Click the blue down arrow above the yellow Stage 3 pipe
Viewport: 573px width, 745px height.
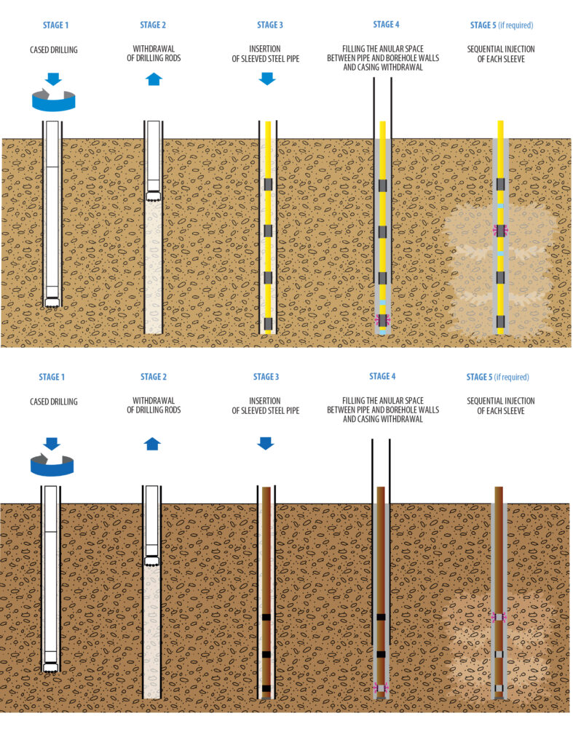(267, 78)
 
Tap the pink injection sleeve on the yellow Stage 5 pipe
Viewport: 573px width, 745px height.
(500, 230)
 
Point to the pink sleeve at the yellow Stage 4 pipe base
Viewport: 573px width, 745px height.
(382, 320)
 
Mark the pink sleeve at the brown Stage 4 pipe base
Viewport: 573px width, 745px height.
(381, 688)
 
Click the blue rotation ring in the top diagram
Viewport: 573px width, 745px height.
(54, 100)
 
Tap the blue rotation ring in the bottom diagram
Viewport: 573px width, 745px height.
(52, 464)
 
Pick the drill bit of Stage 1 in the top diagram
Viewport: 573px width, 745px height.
(52, 301)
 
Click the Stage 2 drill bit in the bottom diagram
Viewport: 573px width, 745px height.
(153, 562)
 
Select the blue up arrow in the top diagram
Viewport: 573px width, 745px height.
(154, 79)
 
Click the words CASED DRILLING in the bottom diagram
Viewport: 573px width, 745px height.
(53, 402)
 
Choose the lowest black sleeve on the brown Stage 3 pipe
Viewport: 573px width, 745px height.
(266, 688)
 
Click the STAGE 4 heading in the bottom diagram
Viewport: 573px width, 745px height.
(379, 377)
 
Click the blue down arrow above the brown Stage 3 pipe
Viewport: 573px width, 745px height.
(266, 443)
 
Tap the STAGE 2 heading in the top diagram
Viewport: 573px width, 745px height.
(153, 25)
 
